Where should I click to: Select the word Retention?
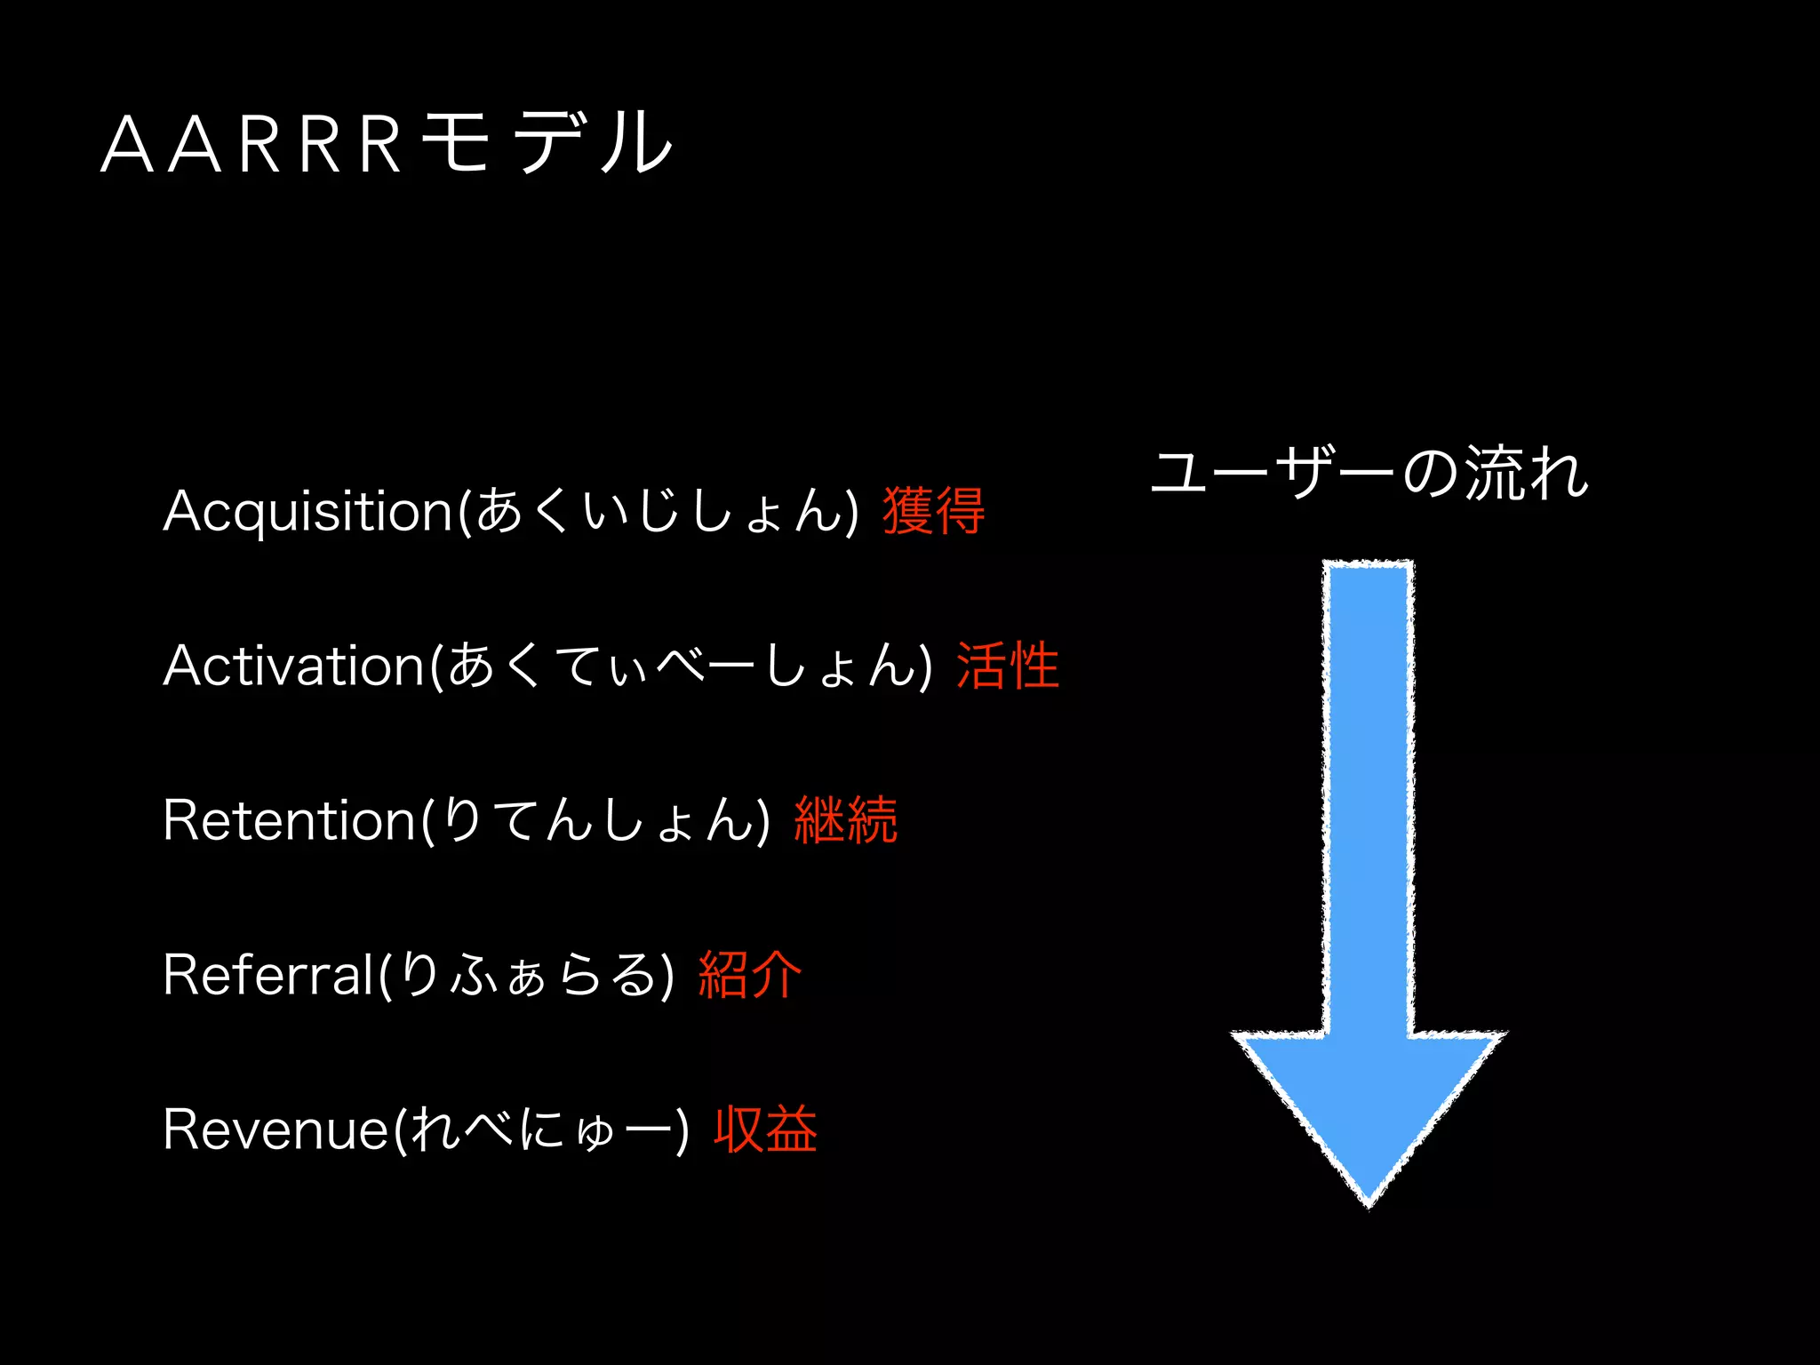pyautogui.click(x=290, y=820)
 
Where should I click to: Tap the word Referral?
pyautogui.click(x=268, y=975)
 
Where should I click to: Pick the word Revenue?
pyautogui.click(x=276, y=1130)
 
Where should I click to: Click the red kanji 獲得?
pyautogui.click(x=933, y=511)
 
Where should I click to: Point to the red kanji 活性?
pyautogui.click(x=1007, y=666)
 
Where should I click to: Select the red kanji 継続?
pyautogui.click(x=845, y=819)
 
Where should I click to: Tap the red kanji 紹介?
pyautogui.click(x=749, y=974)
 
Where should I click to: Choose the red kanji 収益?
pyautogui.click(x=765, y=1129)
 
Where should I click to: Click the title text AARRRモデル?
pyautogui.click(x=387, y=143)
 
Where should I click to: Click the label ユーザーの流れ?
pyautogui.click(x=1369, y=472)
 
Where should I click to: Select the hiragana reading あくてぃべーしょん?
pyautogui.click(x=681, y=666)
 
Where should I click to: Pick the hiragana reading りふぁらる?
pyautogui.click(x=528, y=975)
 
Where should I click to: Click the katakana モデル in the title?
pyautogui.click(x=547, y=143)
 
